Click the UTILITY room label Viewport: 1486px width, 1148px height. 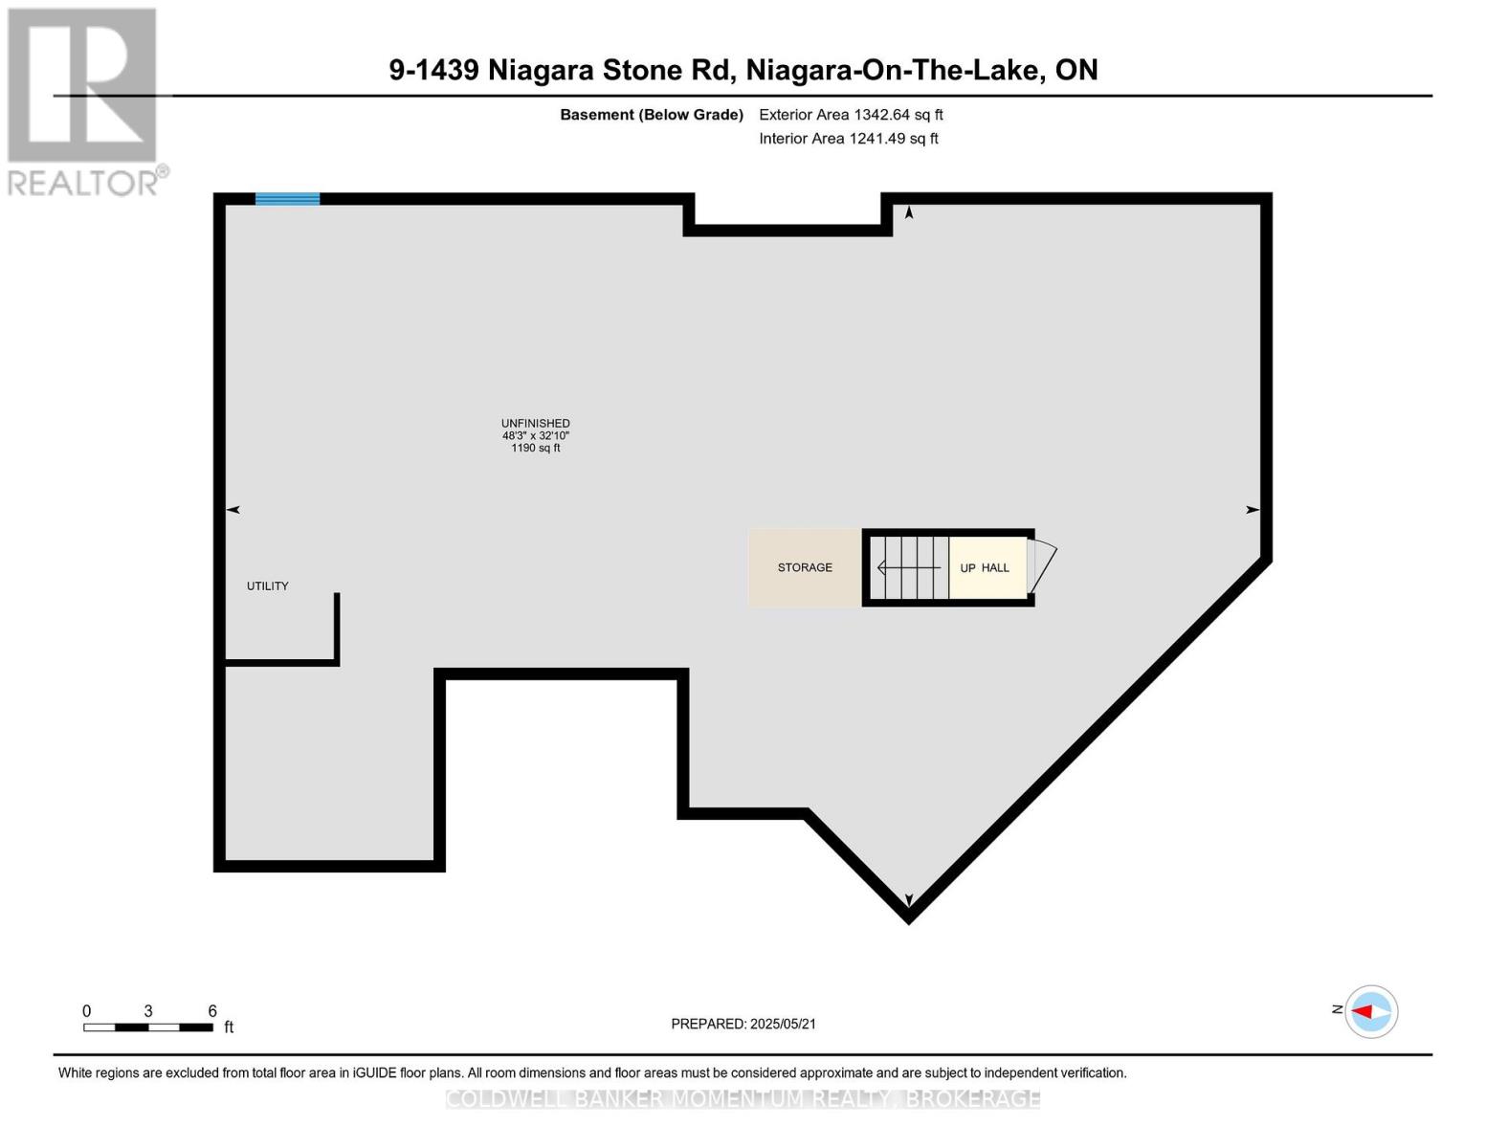(x=267, y=585)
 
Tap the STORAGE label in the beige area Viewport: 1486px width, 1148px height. (x=805, y=567)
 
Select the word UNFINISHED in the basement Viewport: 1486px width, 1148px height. (x=536, y=423)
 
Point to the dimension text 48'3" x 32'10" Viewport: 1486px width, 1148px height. (x=536, y=435)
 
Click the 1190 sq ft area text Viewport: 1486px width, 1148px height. (x=536, y=448)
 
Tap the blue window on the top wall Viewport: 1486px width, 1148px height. (x=287, y=199)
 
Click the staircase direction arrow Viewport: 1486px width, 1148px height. (x=909, y=568)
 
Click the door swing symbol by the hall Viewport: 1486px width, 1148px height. (x=1042, y=567)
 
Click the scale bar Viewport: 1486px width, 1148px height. (x=148, y=1027)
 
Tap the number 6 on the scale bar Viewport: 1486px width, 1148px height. (x=212, y=1011)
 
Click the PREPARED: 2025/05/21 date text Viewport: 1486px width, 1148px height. (x=743, y=1024)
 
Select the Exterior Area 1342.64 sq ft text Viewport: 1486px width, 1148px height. (x=851, y=114)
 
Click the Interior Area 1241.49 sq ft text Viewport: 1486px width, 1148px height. (x=849, y=138)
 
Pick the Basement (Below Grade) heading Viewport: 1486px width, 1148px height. (x=652, y=115)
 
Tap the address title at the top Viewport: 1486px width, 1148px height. (x=743, y=70)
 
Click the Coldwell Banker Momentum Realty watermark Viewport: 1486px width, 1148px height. (x=743, y=1099)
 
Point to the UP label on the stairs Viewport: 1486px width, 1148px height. (x=967, y=568)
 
